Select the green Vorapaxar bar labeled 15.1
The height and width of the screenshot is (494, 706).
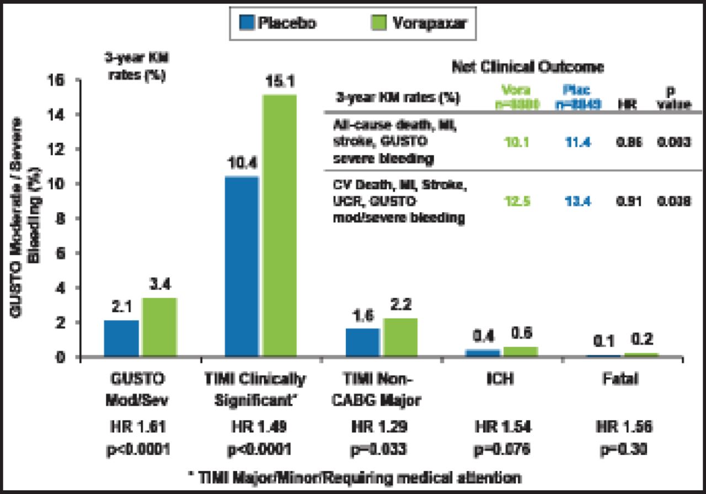pos(279,226)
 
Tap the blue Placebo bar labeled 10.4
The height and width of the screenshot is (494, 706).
pos(242,267)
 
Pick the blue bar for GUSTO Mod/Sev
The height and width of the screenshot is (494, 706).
pos(121,339)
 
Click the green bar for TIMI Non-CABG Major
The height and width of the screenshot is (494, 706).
pos(400,337)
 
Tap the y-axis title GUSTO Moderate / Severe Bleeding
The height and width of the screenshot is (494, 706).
pos(23,218)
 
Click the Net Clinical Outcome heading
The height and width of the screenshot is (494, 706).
pos(528,67)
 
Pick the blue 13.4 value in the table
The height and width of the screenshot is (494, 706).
pos(577,202)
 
